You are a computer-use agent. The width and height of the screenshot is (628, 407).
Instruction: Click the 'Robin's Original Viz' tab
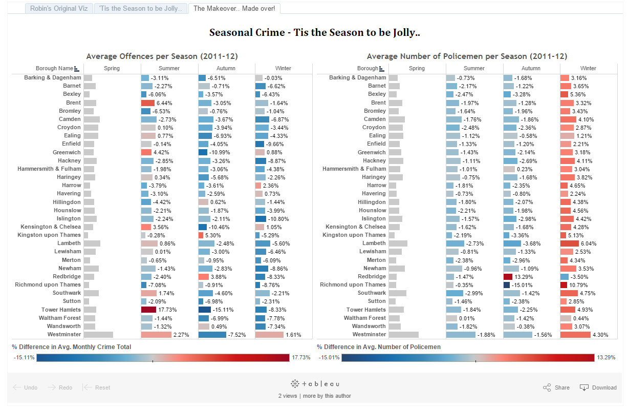[x=58, y=9]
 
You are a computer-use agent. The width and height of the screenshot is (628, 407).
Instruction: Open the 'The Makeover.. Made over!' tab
[x=234, y=9]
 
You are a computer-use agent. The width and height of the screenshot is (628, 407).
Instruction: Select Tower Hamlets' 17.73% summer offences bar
[x=148, y=310]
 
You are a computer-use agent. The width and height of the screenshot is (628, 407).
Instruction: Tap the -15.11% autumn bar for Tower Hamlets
[x=205, y=310]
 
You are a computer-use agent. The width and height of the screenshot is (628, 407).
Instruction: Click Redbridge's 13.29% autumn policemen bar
[x=508, y=276]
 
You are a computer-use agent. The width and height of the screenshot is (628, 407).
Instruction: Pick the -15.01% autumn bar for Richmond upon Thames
[x=507, y=284]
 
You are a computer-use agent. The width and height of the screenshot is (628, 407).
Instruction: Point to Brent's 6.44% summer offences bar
[x=147, y=103]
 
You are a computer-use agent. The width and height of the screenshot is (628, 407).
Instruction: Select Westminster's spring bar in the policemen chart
[x=403, y=335]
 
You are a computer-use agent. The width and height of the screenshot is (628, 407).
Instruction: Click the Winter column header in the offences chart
[x=283, y=68]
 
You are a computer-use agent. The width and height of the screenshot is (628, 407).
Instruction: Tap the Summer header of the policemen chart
[x=474, y=68]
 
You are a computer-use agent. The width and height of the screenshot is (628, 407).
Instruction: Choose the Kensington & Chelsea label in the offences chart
[x=51, y=227]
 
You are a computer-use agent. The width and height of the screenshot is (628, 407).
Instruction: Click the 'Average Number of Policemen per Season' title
[x=467, y=56]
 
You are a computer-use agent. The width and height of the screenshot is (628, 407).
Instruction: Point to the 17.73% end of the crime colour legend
[x=301, y=357]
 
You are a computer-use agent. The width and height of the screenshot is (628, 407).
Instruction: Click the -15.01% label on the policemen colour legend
[x=329, y=357]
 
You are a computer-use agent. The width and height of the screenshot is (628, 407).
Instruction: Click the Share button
[x=556, y=388]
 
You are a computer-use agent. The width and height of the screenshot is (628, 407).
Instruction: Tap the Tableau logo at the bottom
[x=314, y=384]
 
